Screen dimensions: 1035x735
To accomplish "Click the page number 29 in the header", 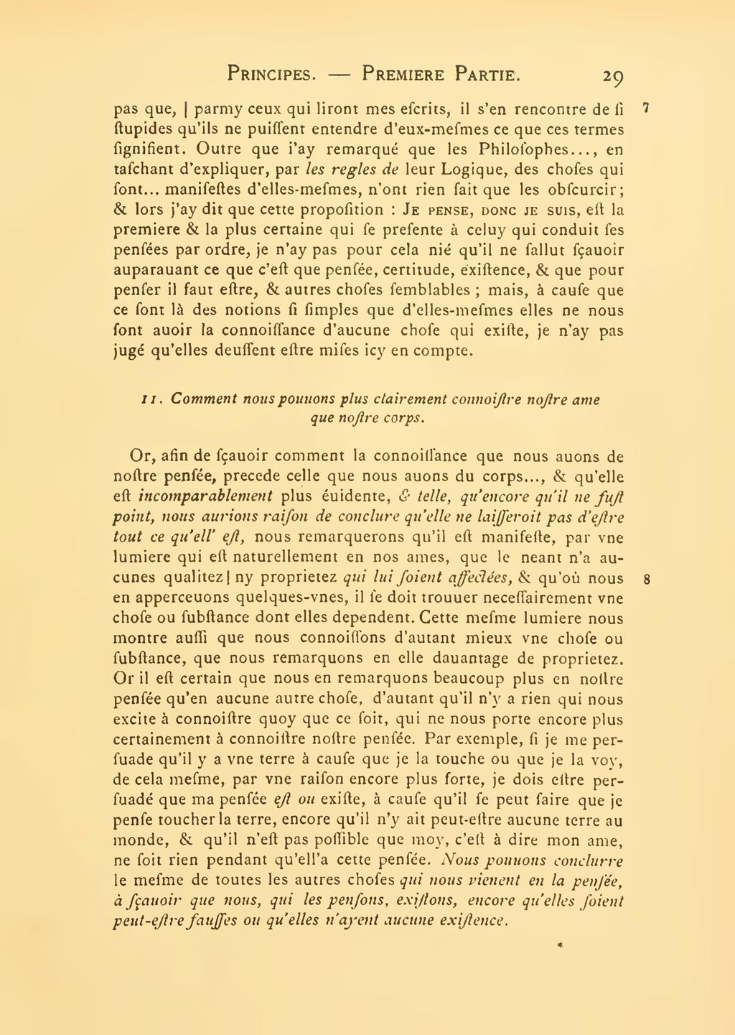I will point(613,75).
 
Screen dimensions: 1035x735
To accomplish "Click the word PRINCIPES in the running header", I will point(272,73).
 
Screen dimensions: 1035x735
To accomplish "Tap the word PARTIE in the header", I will point(487,73).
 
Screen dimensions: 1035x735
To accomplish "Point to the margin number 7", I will point(646,108).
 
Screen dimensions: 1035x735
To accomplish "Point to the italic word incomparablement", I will point(205,496).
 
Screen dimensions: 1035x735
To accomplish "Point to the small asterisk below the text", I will point(559,946).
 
